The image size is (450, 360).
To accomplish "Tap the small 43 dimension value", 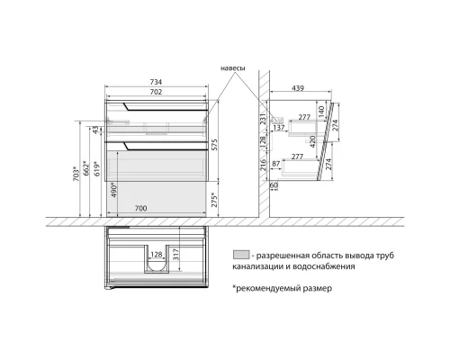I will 95,131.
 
